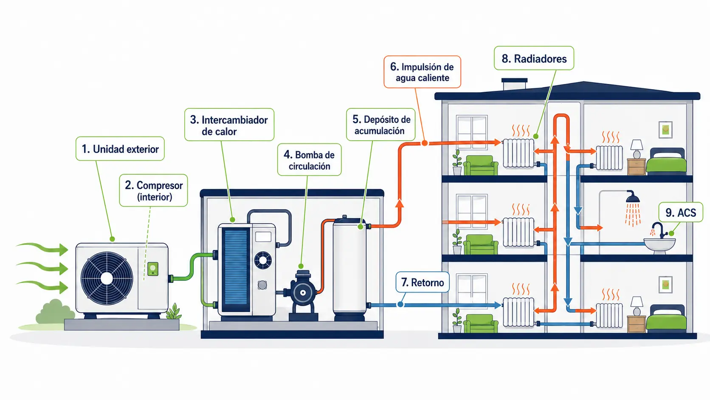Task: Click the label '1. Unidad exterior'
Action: point(120,149)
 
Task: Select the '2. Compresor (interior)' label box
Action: point(153,190)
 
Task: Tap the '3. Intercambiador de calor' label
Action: point(229,125)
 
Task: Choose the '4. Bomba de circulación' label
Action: point(310,159)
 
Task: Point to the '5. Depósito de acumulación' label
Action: point(380,125)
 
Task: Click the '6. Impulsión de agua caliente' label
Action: point(422,72)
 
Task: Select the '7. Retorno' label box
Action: point(423,282)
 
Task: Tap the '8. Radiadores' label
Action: point(534,58)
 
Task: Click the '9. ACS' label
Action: point(681,212)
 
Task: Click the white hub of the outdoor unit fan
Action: point(107,278)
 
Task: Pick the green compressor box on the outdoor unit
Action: point(153,269)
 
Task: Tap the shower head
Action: point(633,197)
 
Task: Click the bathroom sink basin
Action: point(659,246)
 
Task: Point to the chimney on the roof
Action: point(514,84)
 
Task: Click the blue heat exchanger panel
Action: point(236,271)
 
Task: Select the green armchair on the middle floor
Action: point(481,244)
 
